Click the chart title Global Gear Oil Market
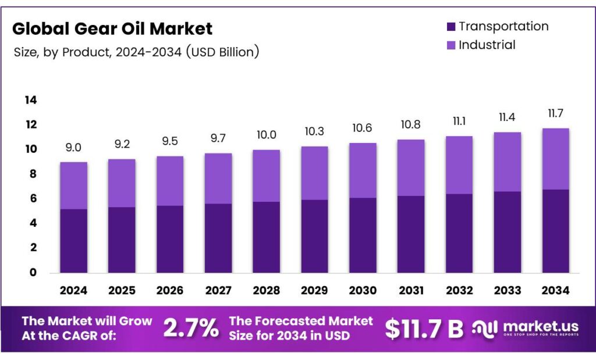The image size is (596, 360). pos(112,28)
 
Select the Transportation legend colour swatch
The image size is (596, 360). pos(450,27)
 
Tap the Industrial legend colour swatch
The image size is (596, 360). pos(450,45)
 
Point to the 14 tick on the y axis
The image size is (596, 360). pos(30,101)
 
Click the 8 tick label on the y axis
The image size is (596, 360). pos(33,174)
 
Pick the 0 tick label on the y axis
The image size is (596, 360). pos(33,272)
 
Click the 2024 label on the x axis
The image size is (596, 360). pos(73,290)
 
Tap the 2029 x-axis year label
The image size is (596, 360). pos(314,290)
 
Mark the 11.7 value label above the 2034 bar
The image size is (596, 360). pos(554,113)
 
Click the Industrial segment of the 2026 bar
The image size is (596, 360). pos(170,181)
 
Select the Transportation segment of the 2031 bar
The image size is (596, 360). pos(410,234)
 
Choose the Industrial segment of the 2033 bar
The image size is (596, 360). pos(506,162)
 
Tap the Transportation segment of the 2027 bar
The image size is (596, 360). pos(218,238)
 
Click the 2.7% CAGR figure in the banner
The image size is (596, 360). pos(191,329)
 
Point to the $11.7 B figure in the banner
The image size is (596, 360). pos(424,329)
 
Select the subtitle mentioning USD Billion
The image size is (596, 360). pos(136,52)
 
